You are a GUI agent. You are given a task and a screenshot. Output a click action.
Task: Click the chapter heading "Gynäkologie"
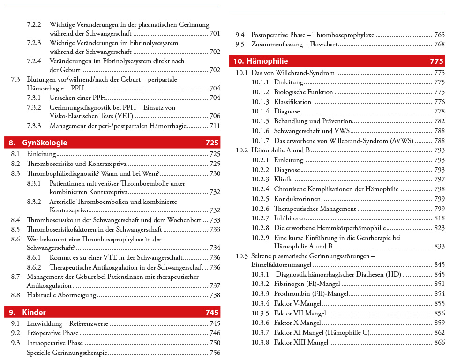coord(45,143)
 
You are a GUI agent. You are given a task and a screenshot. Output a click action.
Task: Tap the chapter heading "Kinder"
coord(34,312)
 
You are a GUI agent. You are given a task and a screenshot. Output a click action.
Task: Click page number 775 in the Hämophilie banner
coord(436,61)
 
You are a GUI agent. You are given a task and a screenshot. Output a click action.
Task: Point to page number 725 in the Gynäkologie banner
coord(212,143)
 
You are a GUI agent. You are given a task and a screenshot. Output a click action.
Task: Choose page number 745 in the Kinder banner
coord(212,312)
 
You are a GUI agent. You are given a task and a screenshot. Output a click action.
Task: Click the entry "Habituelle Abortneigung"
coord(61,295)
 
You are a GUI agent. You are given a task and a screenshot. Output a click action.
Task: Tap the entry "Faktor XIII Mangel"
coord(301,342)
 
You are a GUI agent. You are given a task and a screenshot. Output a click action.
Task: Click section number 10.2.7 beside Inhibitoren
coord(260,218)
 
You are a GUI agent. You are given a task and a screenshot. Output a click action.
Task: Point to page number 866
coord(439,342)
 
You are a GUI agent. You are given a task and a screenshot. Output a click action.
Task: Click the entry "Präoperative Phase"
coord(52,333)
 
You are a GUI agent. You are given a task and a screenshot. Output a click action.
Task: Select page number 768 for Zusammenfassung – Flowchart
coord(439,44)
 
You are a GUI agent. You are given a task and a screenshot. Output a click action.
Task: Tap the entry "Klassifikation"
coord(292,102)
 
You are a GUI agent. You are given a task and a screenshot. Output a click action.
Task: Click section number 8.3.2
coord(34,202)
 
